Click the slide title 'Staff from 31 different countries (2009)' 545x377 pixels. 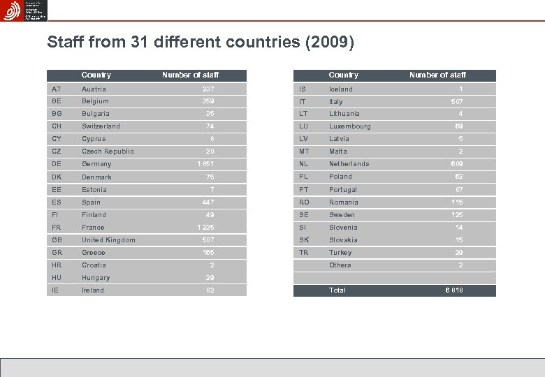201,43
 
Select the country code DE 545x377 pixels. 57,164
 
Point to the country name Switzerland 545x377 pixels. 101,126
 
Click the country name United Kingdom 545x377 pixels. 108,240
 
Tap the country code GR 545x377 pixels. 57,253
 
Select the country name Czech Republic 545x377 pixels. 108,151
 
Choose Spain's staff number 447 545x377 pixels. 208,202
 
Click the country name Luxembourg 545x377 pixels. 350,126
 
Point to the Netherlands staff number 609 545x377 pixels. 456,164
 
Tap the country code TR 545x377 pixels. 304,253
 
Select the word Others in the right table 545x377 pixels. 340,265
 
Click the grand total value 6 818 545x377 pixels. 453,290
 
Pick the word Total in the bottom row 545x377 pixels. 337,290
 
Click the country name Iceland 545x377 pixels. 341,89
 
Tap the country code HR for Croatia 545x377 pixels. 57,265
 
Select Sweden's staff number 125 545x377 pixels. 456,215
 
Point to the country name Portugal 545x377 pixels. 343,190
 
